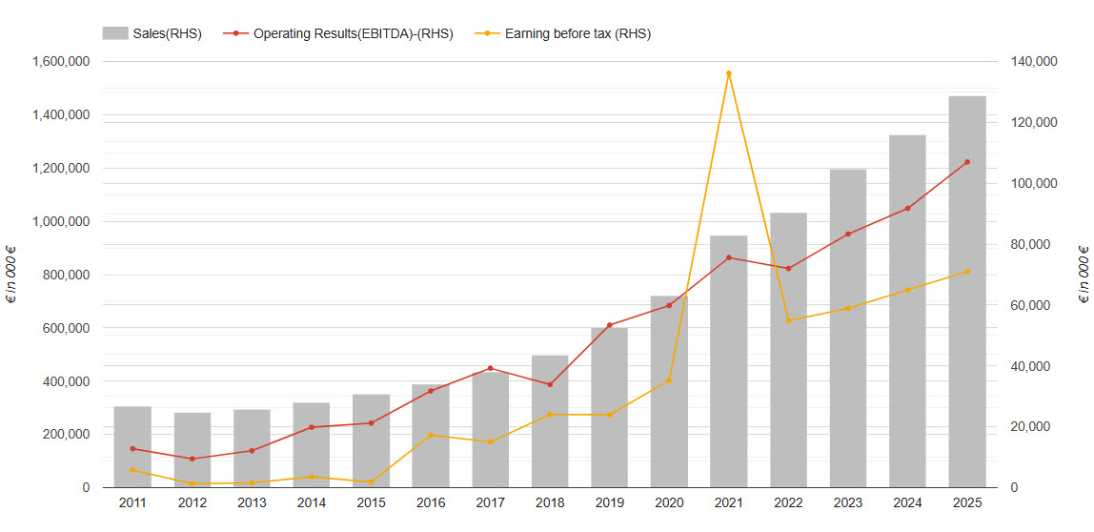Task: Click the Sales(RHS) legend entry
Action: point(152,33)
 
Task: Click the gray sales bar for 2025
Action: point(967,292)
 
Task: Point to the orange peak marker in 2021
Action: point(728,73)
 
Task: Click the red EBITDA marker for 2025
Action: point(967,162)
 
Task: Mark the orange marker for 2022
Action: point(788,320)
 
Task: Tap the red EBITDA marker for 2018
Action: point(550,384)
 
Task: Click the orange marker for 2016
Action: point(431,436)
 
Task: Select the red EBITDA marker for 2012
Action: point(192,459)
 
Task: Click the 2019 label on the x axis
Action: point(609,502)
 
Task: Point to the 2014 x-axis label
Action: point(312,502)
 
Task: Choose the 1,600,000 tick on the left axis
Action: point(61,62)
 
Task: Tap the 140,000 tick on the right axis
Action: point(1033,62)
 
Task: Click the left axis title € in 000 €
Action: point(11,275)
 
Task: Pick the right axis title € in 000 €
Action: point(1084,275)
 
